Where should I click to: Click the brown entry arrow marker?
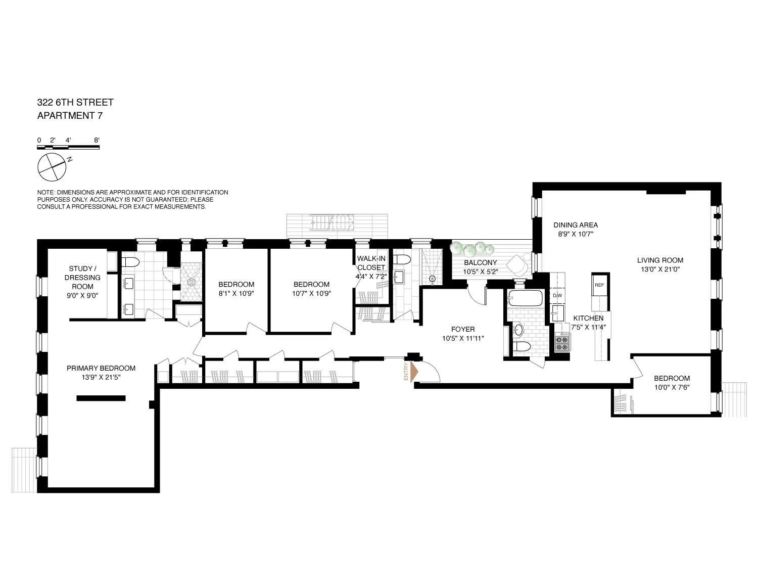[x=414, y=372]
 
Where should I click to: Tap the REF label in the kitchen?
[x=599, y=285]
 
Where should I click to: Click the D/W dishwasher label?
[x=557, y=296]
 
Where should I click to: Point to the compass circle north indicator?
[x=52, y=167]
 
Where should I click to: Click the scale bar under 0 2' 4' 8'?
[x=68, y=148]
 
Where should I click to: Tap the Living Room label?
[x=660, y=260]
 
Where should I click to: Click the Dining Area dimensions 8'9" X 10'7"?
[x=576, y=234]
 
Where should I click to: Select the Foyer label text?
[x=463, y=329]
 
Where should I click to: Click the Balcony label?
[x=481, y=262]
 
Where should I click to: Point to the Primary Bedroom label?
[x=101, y=368]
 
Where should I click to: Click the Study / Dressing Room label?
[x=83, y=278]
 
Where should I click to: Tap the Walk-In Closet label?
[x=371, y=263]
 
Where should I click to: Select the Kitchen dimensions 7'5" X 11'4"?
[x=588, y=327]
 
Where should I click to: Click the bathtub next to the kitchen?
[x=526, y=298]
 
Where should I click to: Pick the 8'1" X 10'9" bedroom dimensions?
[x=236, y=293]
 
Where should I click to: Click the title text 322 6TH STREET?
[x=75, y=102]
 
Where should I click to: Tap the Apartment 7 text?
[x=70, y=115]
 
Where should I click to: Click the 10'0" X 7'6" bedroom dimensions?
[x=672, y=387]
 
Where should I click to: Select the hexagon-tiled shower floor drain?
[x=192, y=282]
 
